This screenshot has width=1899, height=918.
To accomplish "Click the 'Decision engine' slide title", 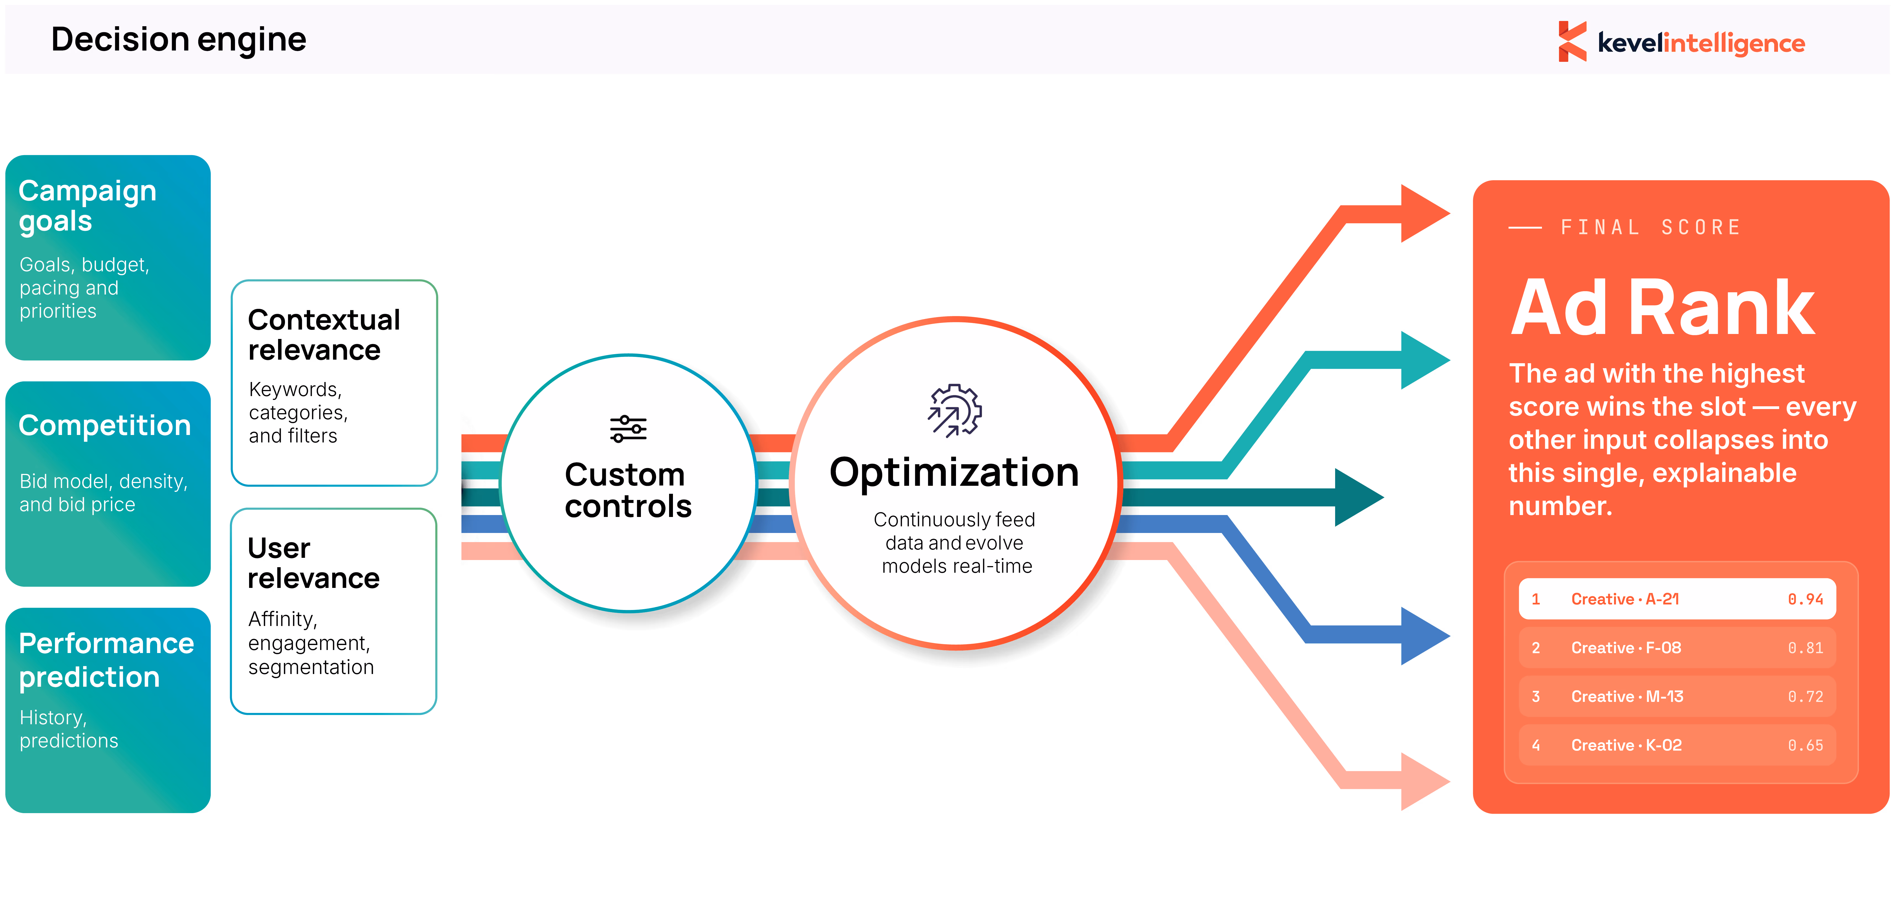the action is click(x=178, y=40).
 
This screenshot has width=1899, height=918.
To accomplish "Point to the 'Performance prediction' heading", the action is click(x=106, y=660).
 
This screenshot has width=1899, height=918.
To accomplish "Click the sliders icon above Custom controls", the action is click(x=628, y=429).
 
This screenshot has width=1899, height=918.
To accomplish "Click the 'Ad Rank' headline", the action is click(x=1662, y=308).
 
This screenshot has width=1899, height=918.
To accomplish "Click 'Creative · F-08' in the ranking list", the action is click(x=1626, y=648).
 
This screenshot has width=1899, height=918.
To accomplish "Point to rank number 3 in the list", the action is click(x=1536, y=696).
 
